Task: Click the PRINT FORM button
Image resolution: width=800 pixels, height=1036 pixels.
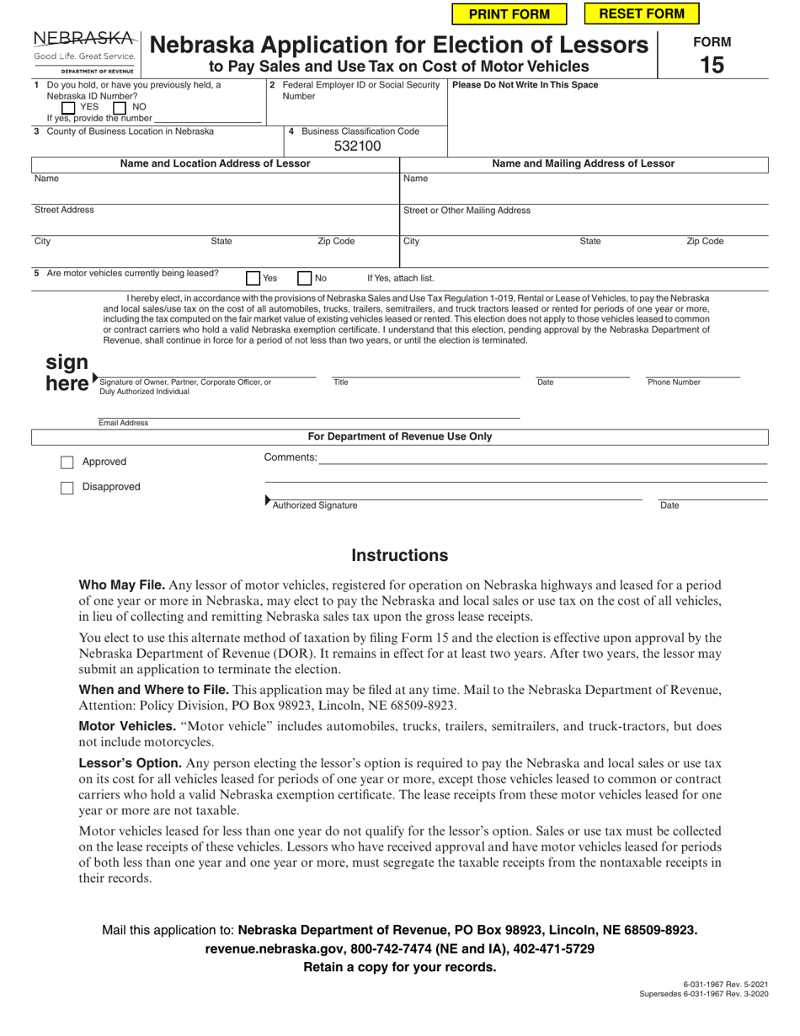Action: [509, 13]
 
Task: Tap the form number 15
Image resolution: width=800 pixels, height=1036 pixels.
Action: [712, 64]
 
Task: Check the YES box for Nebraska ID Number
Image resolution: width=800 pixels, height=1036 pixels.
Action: [69, 108]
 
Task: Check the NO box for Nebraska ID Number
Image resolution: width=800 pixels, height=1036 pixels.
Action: [120, 108]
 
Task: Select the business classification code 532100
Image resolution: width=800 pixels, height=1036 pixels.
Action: [358, 147]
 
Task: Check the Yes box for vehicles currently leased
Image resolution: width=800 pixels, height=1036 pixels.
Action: [253, 278]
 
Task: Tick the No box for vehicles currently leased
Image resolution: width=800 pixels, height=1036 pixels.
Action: [305, 278]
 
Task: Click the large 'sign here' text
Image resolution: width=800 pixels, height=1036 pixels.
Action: [67, 373]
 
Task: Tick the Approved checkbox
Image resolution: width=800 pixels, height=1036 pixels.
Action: [67, 462]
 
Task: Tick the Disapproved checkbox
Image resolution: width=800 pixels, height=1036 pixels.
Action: [67, 488]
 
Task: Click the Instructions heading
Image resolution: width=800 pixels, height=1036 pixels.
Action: [399, 556]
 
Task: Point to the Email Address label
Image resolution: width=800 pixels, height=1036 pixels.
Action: [123, 423]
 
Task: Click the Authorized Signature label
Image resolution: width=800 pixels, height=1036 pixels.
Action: [314, 505]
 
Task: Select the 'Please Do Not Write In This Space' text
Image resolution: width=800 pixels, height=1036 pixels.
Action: [525, 85]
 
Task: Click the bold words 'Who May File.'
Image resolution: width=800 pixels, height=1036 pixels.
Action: [121, 585]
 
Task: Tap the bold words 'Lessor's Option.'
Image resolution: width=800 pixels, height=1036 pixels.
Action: [130, 762]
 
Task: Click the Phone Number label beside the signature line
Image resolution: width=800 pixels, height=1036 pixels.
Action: [674, 382]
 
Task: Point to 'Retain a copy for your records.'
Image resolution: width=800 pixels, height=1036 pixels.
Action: [399, 967]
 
